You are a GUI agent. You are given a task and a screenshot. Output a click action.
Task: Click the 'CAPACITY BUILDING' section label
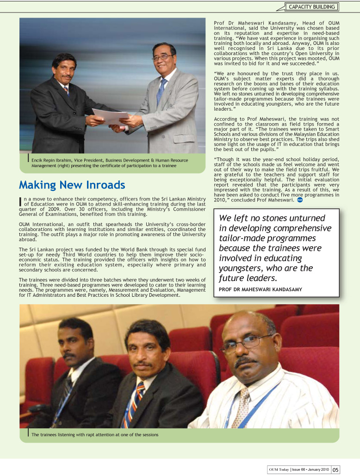coord(312,7)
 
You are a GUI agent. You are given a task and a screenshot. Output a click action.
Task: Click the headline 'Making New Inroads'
coord(72,185)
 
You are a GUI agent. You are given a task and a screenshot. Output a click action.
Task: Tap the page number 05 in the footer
coord(335,469)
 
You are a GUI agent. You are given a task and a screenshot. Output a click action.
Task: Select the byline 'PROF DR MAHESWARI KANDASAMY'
coord(257,289)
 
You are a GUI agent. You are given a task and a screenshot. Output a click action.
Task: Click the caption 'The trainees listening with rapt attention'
coord(95,435)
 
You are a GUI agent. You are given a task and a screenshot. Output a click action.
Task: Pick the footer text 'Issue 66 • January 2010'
coord(310,469)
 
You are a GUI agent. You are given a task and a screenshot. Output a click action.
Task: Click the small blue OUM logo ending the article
coord(300,200)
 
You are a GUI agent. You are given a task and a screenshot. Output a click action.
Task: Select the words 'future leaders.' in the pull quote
coord(248,278)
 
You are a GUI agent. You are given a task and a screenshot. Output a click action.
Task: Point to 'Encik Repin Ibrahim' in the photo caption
coord(50,160)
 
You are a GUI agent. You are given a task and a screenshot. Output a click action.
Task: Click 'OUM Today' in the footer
coord(279,469)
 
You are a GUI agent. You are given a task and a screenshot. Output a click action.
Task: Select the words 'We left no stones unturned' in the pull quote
coord(272,218)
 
